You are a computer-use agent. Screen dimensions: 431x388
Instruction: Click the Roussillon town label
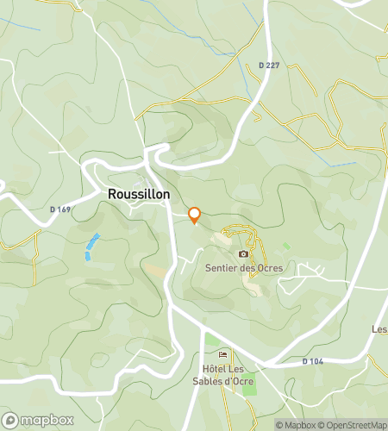tap(139, 195)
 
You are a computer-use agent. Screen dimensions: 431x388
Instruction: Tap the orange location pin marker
tap(195, 215)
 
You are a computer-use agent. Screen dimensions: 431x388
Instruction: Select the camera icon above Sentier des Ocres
tap(244, 253)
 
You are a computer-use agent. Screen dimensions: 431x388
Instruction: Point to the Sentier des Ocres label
tap(244, 268)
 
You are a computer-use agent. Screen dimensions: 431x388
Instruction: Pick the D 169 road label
tap(59, 209)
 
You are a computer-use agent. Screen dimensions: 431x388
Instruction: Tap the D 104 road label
tap(312, 361)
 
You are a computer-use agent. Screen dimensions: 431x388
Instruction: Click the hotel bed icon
tap(224, 355)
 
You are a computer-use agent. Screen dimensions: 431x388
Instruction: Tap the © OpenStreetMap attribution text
tap(352, 425)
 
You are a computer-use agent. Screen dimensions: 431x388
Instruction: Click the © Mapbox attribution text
tap(295, 425)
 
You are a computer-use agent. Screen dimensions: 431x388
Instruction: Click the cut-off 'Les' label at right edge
tap(379, 329)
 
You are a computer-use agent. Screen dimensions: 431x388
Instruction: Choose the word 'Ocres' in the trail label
tap(268, 268)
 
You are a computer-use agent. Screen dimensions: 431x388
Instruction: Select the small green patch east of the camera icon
tap(286, 247)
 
